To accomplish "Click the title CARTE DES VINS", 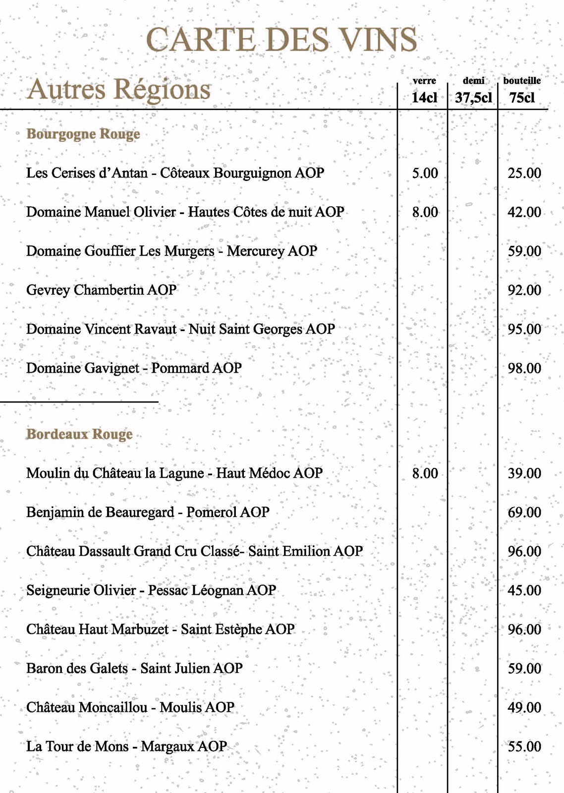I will coord(282,40).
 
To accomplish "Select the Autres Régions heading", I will coord(119,90).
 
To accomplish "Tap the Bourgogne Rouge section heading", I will coord(83,134).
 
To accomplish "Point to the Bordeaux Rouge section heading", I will coord(79,434).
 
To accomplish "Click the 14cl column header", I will coord(424,97).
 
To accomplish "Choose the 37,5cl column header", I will coord(473,97).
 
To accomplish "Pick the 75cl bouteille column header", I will coord(522,97).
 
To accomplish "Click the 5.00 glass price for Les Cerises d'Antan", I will coord(425,173).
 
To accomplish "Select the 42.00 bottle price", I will coord(524,212).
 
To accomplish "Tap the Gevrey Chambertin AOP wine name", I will coord(101,290).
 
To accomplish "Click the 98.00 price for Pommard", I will coord(524,368).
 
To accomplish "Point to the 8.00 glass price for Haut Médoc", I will coord(425,473).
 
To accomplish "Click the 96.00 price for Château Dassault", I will coord(524,551).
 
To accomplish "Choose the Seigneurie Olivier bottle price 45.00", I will coord(524,590).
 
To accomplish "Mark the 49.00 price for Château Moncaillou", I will coord(524,707).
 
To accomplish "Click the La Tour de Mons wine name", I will coord(126,746).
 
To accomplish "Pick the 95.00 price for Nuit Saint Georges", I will coord(524,329).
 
